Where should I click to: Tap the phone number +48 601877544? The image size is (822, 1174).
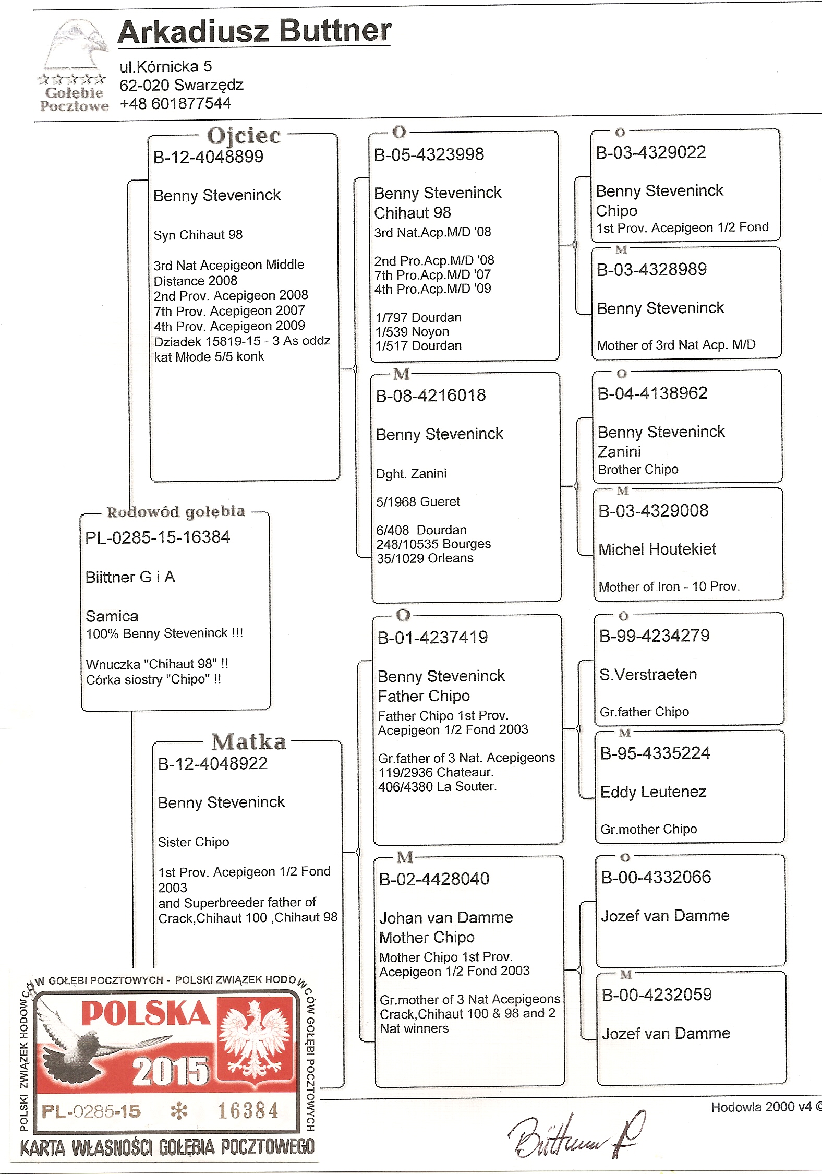pyautogui.click(x=175, y=103)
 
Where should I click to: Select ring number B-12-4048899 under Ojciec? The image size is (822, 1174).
pyautogui.click(x=208, y=157)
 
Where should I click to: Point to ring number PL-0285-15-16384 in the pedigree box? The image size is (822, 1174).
pyautogui.click(x=158, y=537)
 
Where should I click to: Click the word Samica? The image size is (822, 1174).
pyautogui.click(x=112, y=616)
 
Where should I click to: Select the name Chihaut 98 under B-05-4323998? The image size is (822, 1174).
pyautogui.click(x=413, y=213)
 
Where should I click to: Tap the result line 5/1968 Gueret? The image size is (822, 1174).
pyautogui.click(x=418, y=502)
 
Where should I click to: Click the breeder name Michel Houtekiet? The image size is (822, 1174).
pyautogui.click(x=657, y=549)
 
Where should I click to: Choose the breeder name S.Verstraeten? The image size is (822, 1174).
pyautogui.click(x=648, y=675)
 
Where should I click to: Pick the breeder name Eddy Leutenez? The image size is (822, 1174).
pyautogui.click(x=653, y=792)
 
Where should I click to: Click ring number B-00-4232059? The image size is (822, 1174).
pyautogui.click(x=657, y=995)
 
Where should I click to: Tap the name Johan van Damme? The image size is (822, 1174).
pyautogui.click(x=446, y=918)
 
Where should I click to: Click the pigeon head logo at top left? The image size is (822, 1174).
pyautogui.click(x=76, y=47)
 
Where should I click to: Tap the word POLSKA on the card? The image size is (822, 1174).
pyautogui.click(x=145, y=1014)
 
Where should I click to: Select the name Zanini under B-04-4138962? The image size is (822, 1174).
pyautogui.click(x=619, y=452)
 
